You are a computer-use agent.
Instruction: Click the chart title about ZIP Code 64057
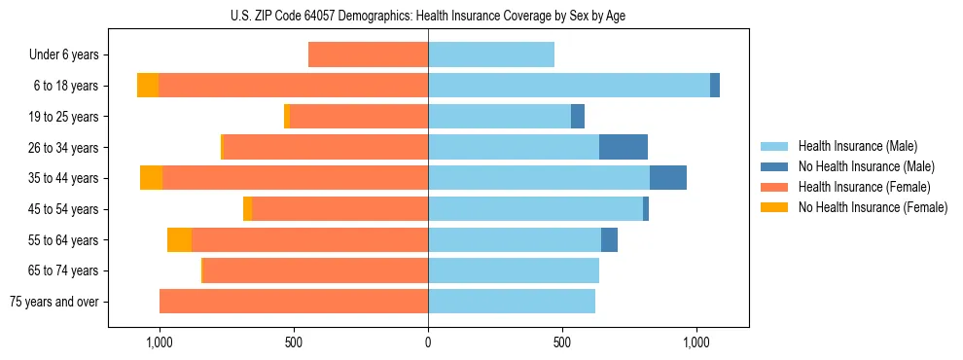pos(428,15)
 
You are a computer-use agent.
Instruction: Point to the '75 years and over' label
pos(54,302)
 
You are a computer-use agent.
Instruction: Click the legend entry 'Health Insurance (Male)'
pos(857,146)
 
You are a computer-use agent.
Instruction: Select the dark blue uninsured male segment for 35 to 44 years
pos(668,178)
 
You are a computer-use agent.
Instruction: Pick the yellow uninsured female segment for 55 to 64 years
pos(179,239)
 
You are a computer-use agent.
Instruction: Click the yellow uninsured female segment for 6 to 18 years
pos(148,86)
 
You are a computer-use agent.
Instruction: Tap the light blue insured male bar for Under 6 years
pos(491,54)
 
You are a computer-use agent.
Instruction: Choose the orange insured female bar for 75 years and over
pos(294,302)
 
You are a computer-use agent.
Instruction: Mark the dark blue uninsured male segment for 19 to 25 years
pos(578,117)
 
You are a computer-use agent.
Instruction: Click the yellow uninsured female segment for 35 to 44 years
pos(151,178)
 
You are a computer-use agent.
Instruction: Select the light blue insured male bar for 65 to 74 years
pos(514,270)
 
